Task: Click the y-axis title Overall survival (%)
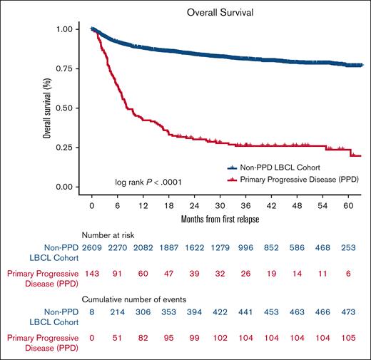pyautogui.click(x=47, y=108)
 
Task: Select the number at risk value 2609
pyautogui.click(x=92, y=249)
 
